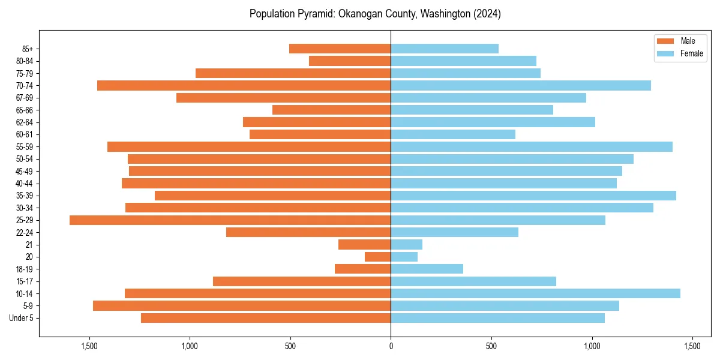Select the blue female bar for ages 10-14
click(x=535, y=293)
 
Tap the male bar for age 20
click(x=377, y=257)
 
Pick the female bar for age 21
click(x=406, y=245)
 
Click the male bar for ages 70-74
click(x=244, y=86)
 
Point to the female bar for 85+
click(x=445, y=49)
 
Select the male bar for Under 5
click(x=266, y=318)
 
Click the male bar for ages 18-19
click(x=362, y=269)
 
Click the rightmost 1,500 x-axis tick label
click(x=692, y=347)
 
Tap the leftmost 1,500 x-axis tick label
click(x=89, y=347)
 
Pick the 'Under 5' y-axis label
click(x=22, y=318)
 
